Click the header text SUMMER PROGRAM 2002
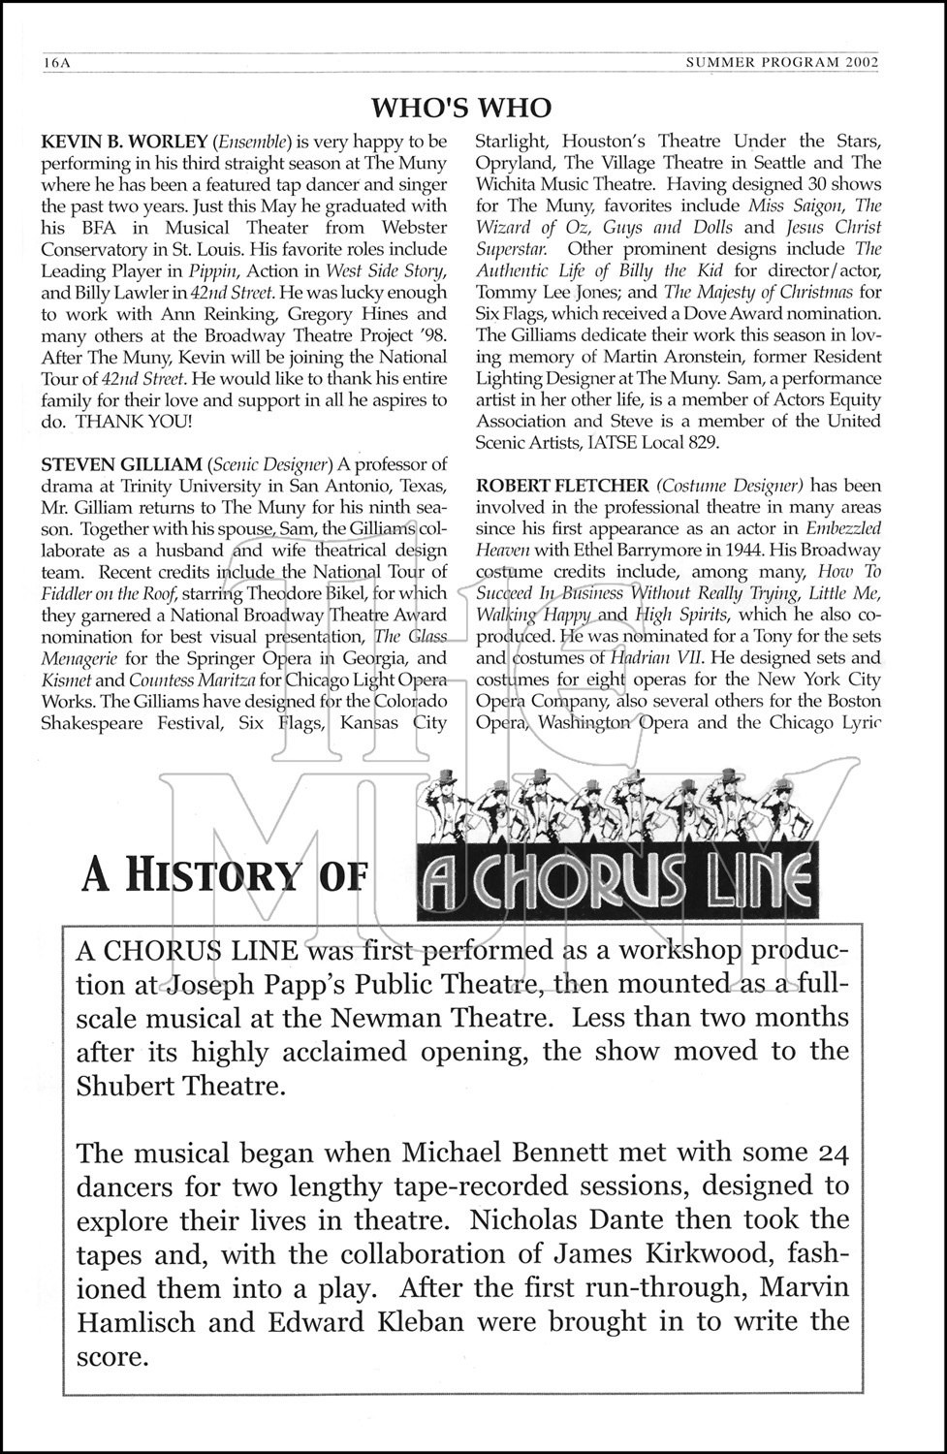tap(782, 63)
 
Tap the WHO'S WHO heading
tap(461, 108)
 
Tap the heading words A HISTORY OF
tap(225, 876)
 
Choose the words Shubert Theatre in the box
tap(180, 1085)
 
